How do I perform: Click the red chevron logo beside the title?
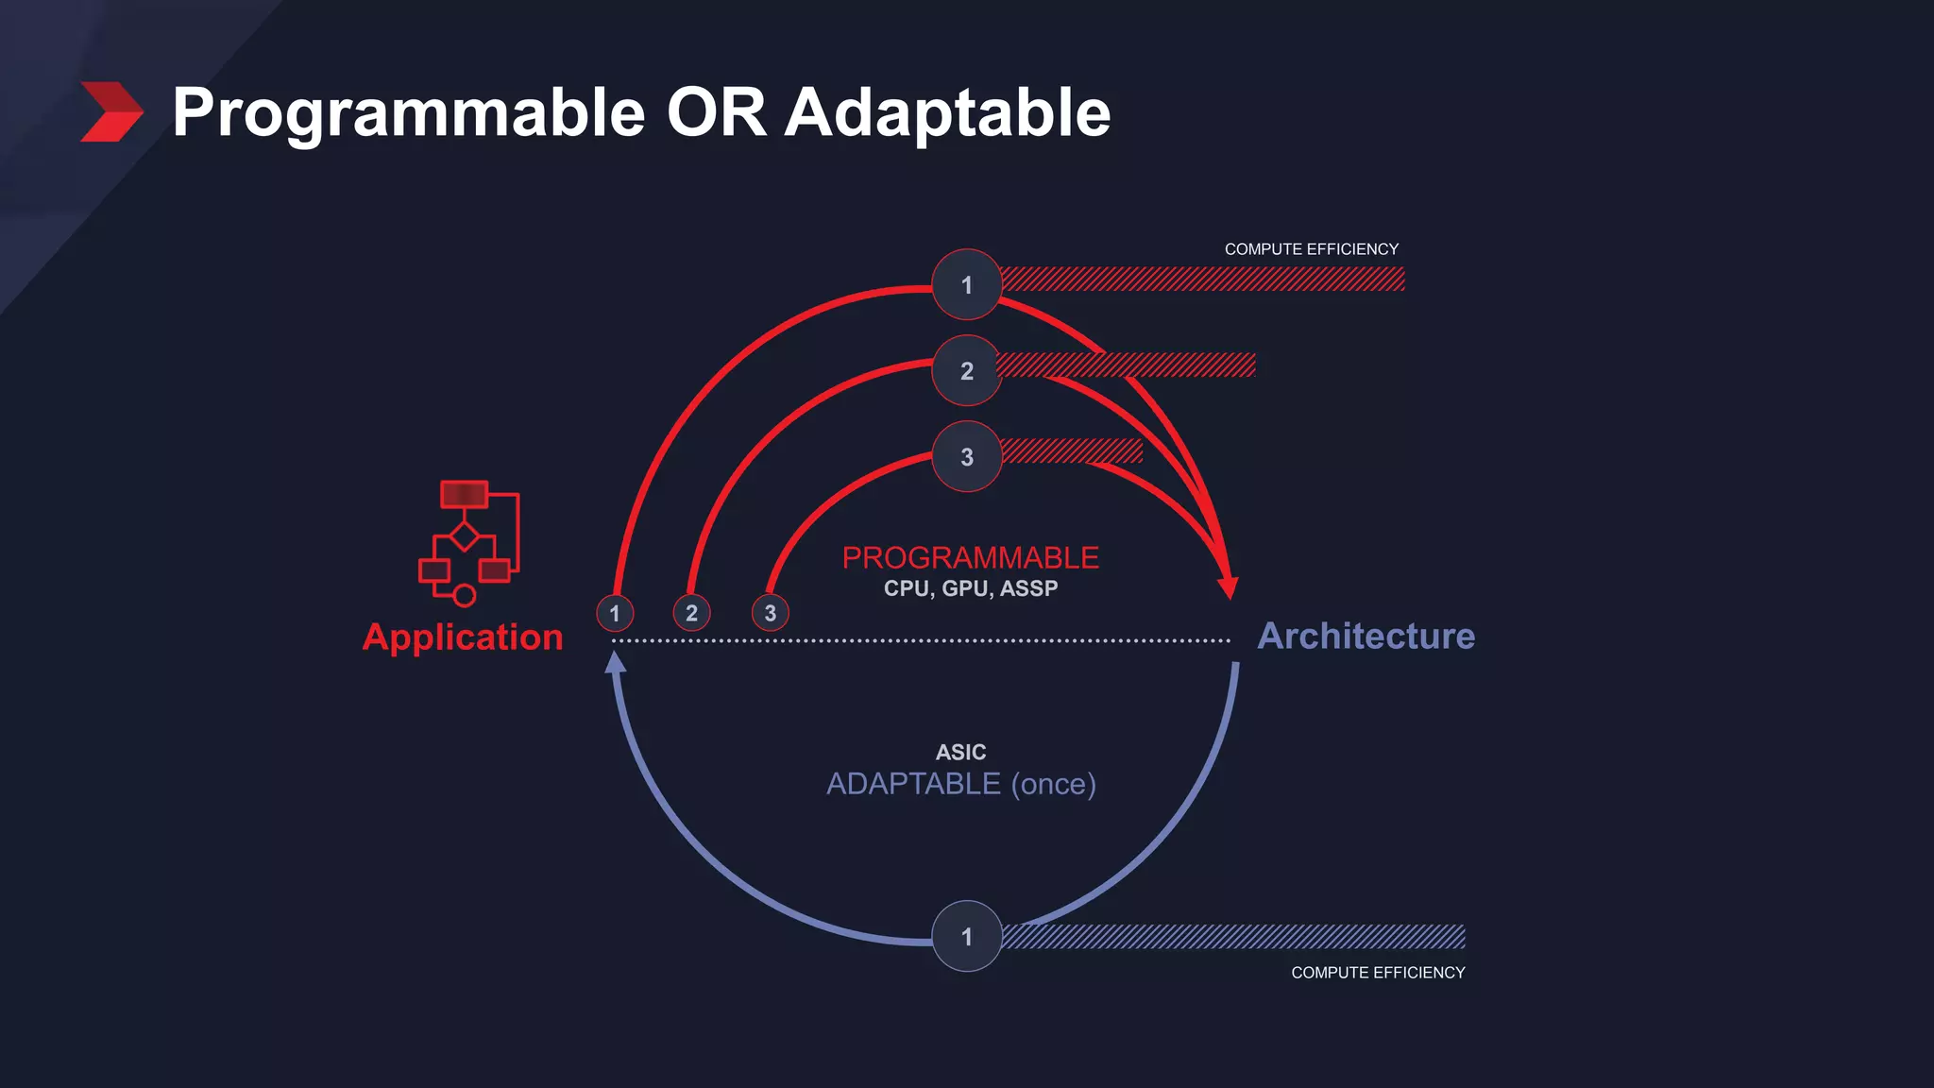[110, 111]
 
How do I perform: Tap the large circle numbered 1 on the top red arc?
[966, 285]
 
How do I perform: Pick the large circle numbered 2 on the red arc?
[966, 371]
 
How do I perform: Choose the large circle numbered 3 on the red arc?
[966, 457]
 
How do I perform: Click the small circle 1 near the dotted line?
[615, 613]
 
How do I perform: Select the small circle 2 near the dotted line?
[691, 613]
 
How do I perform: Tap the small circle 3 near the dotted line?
[770, 613]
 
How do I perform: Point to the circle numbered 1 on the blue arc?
[966, 936]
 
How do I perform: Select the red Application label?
[463, 637]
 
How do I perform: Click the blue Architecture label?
[1366, 636]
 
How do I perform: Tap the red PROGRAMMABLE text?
[970, 557]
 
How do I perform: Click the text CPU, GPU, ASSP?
[970, 588]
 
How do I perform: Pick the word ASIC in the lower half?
[960, 752]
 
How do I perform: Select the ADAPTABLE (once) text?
[960, 784]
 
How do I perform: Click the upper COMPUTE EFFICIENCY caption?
[1311, 249]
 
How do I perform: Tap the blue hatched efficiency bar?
[1232, 936]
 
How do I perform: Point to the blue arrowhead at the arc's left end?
[616, 662]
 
